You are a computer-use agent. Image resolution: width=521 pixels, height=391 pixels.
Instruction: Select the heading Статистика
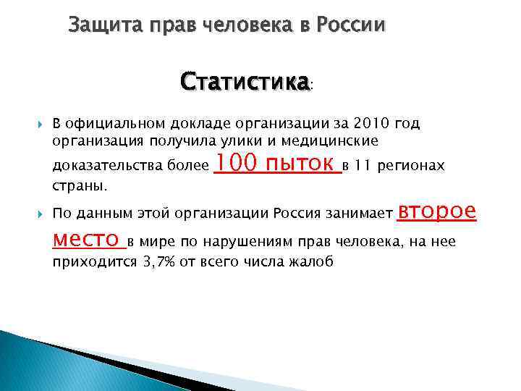pyautogui.click(x=245, y=80)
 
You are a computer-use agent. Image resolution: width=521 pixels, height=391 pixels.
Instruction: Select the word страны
pyautogui.click(x=79, y=186)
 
